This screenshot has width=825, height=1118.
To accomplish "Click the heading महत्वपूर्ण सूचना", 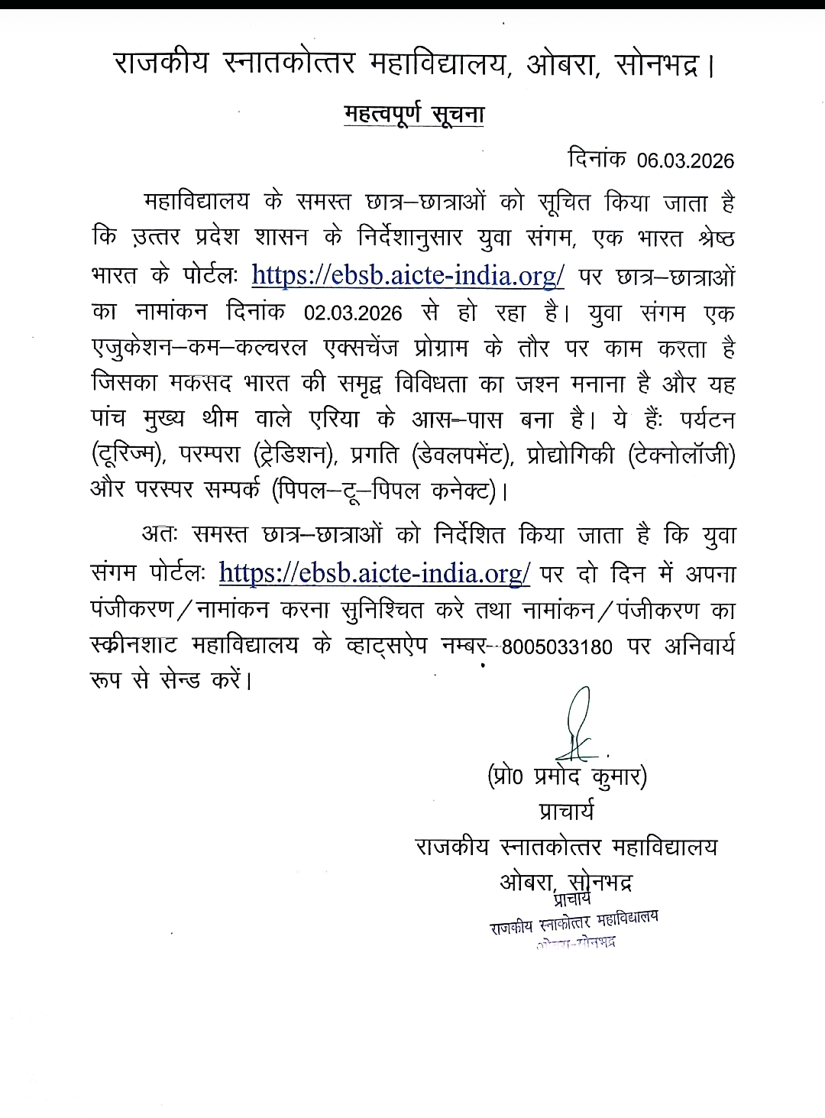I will pyautogui.click(x=414, y=113).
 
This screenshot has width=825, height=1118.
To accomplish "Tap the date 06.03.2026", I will pyautogui.click(x=686, y=160).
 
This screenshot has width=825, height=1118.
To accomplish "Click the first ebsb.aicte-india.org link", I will pyautogui.click(x=407, y=274).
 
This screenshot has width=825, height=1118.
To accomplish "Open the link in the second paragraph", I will pyautogui.click(x=374, y=572).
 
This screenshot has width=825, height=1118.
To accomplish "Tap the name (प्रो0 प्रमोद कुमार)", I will pyautogui.click(x=567, y=777).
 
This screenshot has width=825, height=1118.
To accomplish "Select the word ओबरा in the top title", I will pyautogui.click(x=559, y=63).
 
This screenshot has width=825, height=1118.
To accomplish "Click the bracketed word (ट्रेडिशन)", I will pyautogui.click(x=296, y=455).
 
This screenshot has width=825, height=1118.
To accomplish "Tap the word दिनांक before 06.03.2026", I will pyautogui.click(x=597, y=159).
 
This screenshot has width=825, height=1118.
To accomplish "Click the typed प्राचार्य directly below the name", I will pyautogui.click(x=566, y=811).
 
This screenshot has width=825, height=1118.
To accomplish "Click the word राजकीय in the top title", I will pyautogui.click(x=160, y=63).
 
